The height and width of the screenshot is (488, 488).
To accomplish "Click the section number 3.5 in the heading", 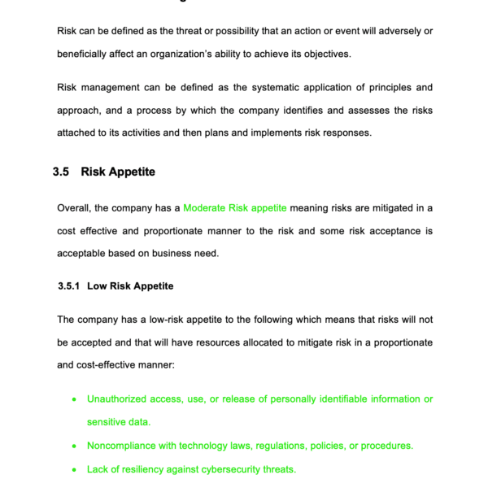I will (61, 172).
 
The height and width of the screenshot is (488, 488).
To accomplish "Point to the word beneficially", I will (84, 54).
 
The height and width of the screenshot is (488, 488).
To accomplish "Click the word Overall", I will (75, 208).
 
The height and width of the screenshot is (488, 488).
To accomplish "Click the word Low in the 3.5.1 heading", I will (98, 286).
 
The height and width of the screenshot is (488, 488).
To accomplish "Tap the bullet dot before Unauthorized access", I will (75, 399).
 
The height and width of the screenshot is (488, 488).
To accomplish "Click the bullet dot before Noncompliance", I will (75, 446).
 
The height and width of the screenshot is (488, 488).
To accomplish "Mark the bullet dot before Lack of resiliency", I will (75, 469).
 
